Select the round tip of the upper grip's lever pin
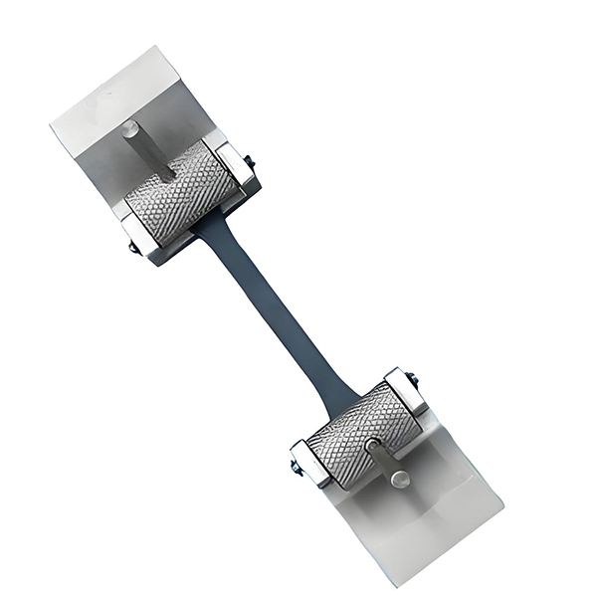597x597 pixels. coord(131,126)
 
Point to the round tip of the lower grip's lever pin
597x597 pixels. coord(400,480)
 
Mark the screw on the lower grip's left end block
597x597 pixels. coord(296,468)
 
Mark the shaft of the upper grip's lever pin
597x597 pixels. coord(145,148)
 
